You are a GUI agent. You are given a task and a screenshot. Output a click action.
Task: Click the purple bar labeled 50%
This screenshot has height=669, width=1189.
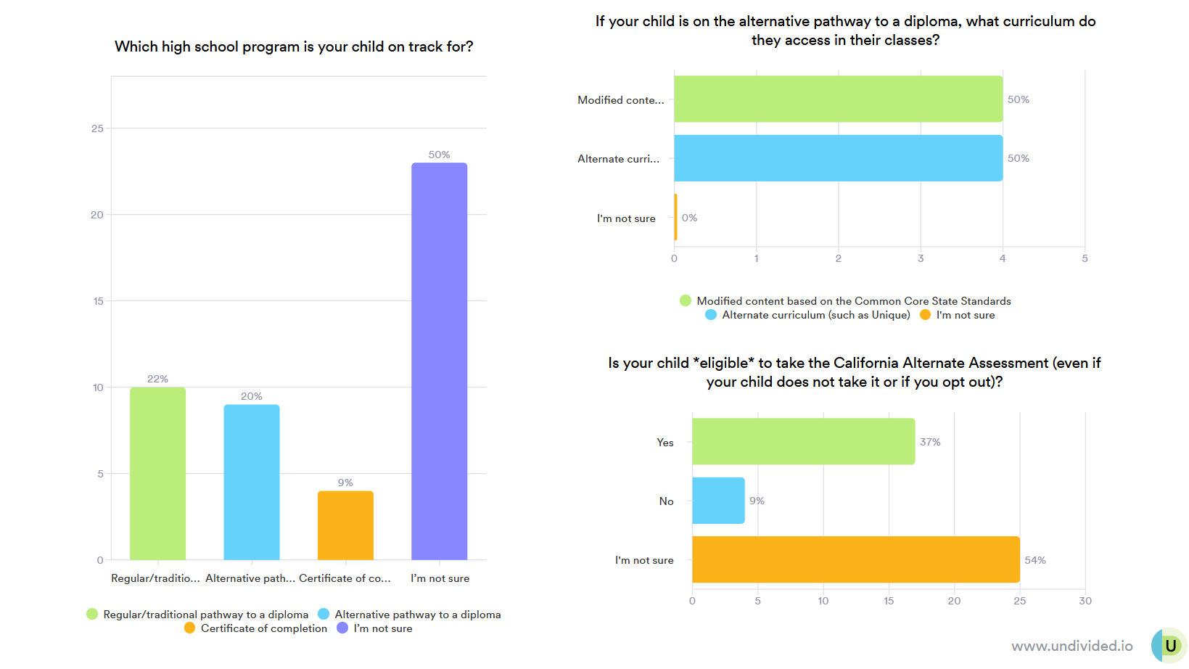(x=439, y=361)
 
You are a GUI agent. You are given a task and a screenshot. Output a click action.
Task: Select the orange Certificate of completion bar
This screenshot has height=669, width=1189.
(x=345, y=525)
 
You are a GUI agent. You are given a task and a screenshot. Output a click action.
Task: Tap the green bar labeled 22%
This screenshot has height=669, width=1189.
(x=157, y=473)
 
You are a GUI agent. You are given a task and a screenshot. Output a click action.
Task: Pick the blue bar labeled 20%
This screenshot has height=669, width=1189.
(x=251, y=482)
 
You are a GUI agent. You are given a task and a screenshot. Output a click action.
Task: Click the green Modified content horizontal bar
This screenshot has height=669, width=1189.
(x=838, y=99)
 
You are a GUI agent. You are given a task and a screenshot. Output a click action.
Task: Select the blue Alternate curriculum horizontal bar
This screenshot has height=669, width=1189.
(x=838, y=158)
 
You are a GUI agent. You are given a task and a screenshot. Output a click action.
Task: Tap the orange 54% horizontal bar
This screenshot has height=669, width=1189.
(x=855, y=559)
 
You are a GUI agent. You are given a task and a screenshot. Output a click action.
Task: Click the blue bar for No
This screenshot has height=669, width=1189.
(x=718, y=501)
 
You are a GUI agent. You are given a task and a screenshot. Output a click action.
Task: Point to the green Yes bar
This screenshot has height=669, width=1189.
(x=803, y=441)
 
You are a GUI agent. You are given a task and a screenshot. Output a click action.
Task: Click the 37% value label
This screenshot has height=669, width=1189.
(x=930, y=442)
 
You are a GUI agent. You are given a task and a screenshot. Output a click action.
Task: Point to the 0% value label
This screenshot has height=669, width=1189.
(x=689, y=218)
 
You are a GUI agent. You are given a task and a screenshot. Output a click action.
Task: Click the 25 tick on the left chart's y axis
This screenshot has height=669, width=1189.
(x=97, y=128)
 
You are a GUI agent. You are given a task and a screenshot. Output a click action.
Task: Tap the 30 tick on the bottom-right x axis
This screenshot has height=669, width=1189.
(x=1085, y=601)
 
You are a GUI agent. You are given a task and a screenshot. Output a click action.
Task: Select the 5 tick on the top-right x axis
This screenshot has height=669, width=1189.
(x=1085, y=258)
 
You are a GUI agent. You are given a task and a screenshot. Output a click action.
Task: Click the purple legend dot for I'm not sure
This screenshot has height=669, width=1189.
(x=342, y=628)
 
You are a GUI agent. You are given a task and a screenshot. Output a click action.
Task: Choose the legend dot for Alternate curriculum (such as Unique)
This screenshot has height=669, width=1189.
(x=711, y=315)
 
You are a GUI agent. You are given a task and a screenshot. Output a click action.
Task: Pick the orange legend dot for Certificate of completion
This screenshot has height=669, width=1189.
(x=189, y=628)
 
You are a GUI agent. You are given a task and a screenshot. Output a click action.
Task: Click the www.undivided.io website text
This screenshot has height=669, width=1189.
(x=1071, y=646)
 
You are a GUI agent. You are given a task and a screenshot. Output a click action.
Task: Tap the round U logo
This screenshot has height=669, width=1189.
(x=1169, y=646)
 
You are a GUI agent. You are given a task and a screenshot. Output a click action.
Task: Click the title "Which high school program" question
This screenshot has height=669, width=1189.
(x=294, y=46)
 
